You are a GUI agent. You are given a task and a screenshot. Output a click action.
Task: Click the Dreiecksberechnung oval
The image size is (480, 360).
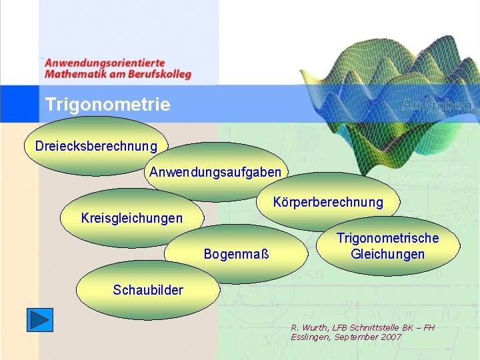(x=96, y=145)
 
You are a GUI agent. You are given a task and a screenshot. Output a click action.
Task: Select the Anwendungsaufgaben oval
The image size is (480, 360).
(x=215, y=173)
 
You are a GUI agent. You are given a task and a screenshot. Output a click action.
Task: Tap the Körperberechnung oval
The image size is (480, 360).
(x=328, y=202)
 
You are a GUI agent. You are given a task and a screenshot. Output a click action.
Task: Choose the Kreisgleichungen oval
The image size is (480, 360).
(x=131, y=218)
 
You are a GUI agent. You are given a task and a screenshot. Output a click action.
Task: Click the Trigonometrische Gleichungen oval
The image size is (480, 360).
(x=387, y=246)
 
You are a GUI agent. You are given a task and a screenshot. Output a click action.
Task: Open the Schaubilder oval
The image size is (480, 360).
(x=147, y=290)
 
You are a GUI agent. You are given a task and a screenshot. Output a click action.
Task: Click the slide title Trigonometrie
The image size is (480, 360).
(x=107, y=105)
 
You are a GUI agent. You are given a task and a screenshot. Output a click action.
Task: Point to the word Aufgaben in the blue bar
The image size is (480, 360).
(x=438, y=105)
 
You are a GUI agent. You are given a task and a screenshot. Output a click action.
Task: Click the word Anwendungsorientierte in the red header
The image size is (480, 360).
(x=105, y=63)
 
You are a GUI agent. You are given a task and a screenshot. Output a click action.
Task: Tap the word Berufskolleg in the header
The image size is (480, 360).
(x=160, y=74)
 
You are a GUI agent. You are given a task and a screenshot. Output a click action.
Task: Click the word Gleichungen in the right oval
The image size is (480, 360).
(x=387, y=254)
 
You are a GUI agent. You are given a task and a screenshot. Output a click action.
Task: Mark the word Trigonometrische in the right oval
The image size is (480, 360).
(x=387, y=238)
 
